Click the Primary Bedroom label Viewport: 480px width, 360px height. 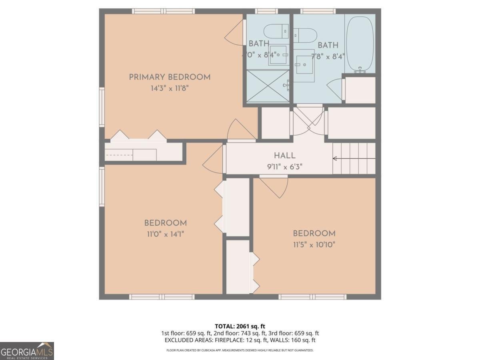point(170,77)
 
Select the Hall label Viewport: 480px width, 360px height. point(285,156)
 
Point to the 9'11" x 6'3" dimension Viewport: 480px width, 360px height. point(285,166)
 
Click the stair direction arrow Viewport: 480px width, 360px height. point(354,159)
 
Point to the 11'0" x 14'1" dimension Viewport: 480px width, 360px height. point(165,234)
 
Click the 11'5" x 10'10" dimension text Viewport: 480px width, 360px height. point(314,244)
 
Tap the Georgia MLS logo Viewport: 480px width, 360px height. point(27,351)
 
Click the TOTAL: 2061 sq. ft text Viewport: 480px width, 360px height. point(240,326)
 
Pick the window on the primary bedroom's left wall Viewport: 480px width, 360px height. point(102,108)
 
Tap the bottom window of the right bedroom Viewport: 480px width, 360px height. point(312,297)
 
